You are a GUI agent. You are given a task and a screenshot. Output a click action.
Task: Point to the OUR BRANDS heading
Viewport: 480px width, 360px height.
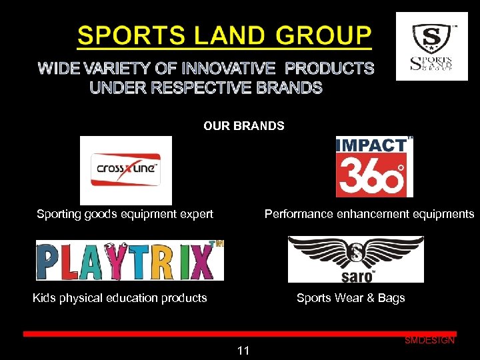[244, 126]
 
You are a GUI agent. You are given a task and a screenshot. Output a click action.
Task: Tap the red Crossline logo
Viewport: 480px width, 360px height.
[125, 169]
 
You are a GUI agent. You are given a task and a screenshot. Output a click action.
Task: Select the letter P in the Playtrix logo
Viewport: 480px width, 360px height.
[49, 261]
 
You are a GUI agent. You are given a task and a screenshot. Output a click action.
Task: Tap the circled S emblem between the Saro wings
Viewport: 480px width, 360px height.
[356, 253]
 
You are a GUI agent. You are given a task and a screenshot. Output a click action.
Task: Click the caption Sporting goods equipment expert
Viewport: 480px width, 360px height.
[125, 214]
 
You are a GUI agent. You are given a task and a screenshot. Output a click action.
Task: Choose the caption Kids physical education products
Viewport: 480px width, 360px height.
[120, 298]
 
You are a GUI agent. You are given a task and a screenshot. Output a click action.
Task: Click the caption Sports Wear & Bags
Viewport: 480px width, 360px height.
[351, 298]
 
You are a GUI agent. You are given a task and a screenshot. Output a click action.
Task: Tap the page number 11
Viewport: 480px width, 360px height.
[243, 351]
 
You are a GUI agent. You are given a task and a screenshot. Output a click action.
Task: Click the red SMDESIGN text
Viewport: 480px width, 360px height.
[429, 341]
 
